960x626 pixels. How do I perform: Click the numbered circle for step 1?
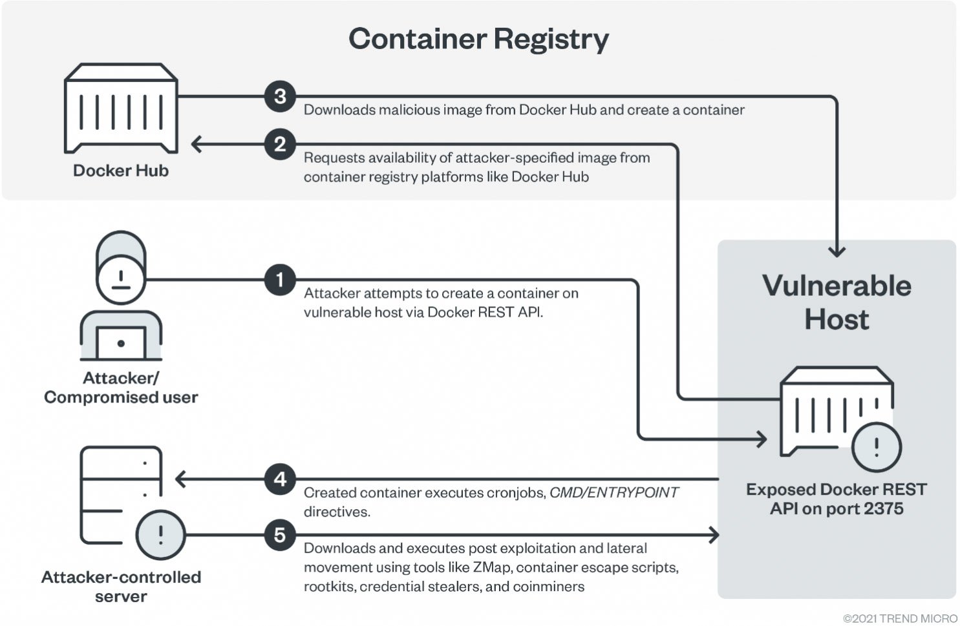280,280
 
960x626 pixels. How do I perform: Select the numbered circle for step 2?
280,144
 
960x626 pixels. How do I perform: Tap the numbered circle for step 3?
280,96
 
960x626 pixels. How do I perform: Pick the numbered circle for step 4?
280,479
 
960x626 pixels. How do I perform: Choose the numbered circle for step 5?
280,535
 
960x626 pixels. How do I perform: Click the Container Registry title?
478,39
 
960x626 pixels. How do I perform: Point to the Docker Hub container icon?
121,109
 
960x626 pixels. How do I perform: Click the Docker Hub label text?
121,171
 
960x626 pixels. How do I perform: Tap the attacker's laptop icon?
121,339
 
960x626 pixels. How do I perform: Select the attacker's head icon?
121,267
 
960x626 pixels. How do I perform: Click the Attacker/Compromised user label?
121,388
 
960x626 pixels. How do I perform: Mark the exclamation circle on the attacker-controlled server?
160,535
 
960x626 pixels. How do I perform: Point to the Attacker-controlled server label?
121,586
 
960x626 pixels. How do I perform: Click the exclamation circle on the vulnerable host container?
876,446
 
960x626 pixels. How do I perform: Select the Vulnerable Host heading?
837,302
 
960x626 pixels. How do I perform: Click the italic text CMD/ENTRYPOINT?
613,493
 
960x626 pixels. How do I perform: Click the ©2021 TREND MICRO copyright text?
900,618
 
